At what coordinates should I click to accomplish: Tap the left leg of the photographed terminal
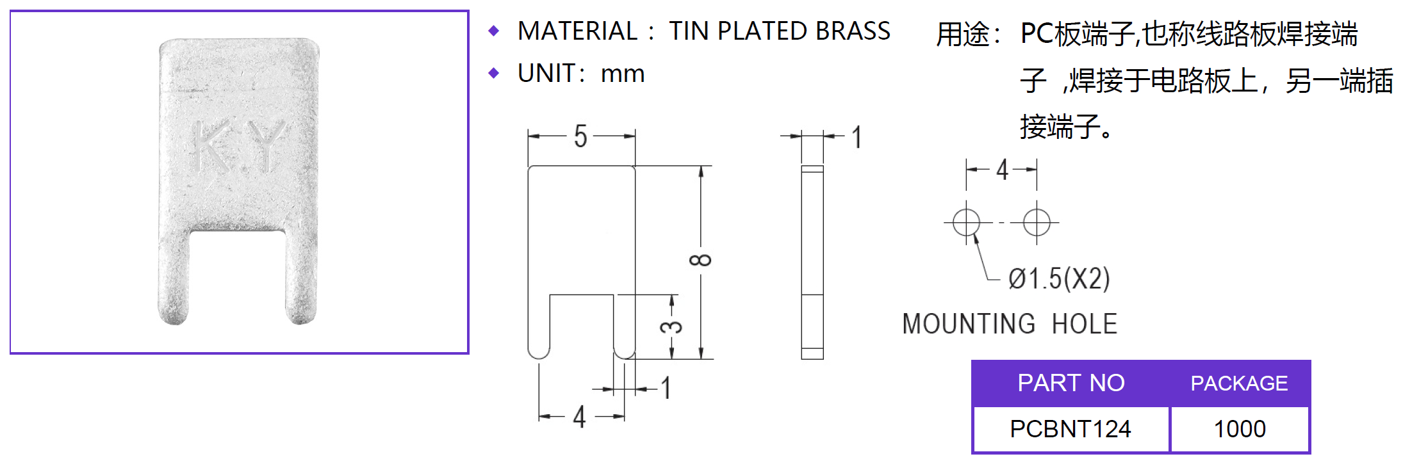click(x=174, y=275)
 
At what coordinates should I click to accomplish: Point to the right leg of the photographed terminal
click(x=300, y=275)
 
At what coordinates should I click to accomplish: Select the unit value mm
click(x=622, y=74)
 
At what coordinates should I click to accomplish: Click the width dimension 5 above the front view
click(x=580, y=136)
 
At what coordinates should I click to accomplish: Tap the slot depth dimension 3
click(x=671, y=327)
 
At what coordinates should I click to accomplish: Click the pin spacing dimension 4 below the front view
click(x=579, y=417)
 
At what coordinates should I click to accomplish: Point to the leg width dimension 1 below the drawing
click(x=666, y=388)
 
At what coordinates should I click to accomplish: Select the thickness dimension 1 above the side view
click(x=857, y=137)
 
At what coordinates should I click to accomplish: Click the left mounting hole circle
click(x=966, y=223)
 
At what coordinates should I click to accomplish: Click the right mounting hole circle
click(x=1037, y=223)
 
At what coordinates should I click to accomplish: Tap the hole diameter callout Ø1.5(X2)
click(x=1059, y=279)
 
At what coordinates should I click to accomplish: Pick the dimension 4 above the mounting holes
click(x=1002, y=170)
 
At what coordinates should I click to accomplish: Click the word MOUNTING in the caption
click(x=969, y=324)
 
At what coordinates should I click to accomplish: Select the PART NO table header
click(x=1071, y=383)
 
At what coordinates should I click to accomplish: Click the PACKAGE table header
click(x=1239, y=383)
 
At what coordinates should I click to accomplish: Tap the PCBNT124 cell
click(x=1071, y=429)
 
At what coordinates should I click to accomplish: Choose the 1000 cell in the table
click(x=1240, y=429)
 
